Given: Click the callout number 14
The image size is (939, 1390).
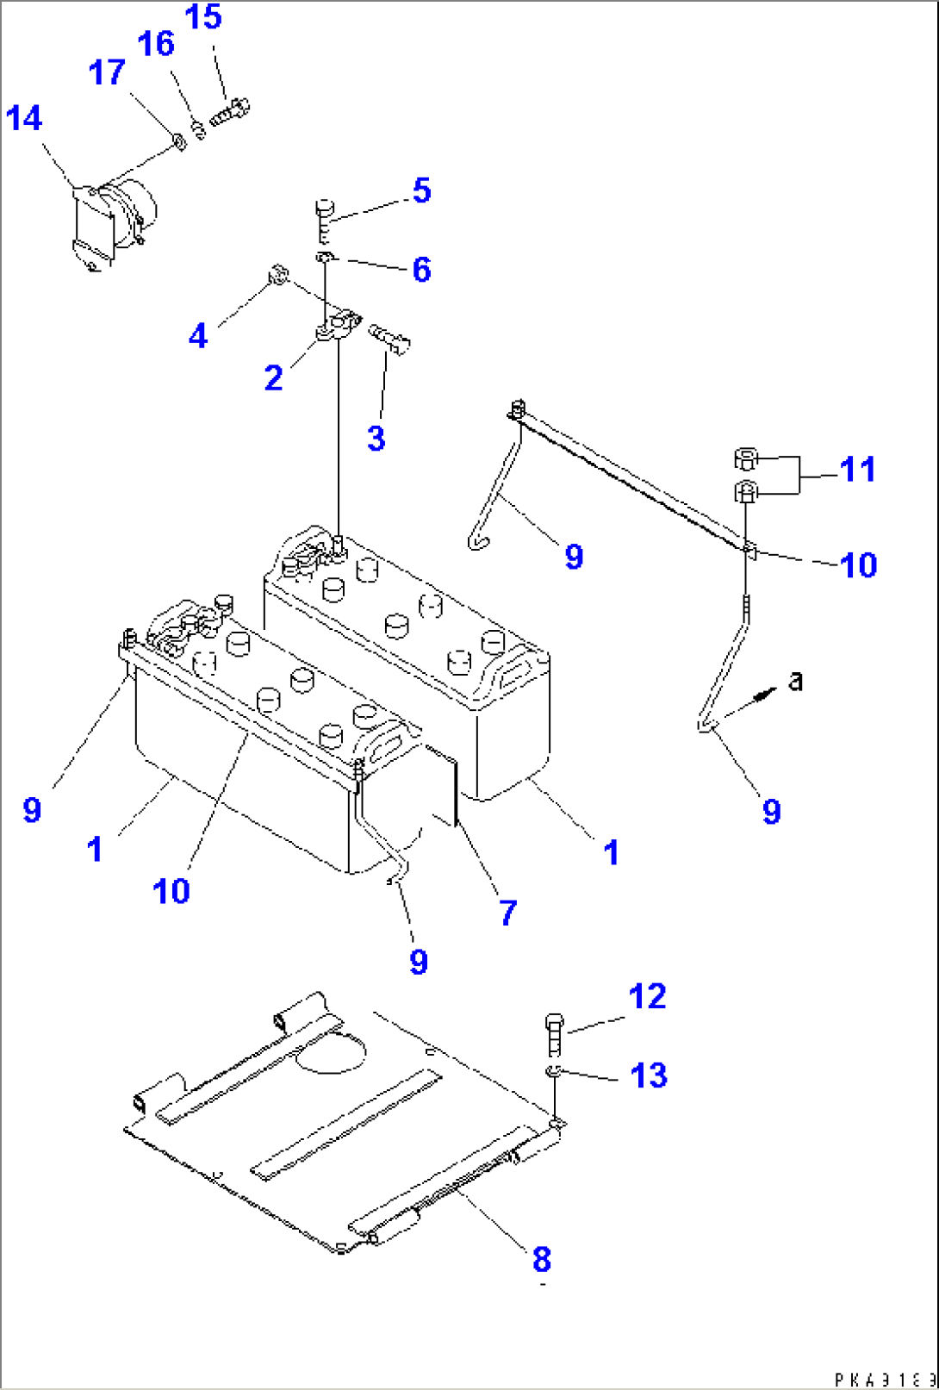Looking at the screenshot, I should pyautogui.click(x=23, y=118).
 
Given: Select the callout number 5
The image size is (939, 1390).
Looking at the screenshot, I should pyautogui.click(x=421, y=190).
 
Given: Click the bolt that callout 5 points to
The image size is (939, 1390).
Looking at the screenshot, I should pyautogui.click(x=324, y=217).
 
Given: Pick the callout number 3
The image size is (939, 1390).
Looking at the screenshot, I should pyautogui.click(x=376, y=438).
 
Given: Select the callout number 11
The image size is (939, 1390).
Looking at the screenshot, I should pyautogui.click(x=857, y=470).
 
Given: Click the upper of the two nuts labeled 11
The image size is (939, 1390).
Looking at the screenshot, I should pyautogui.click(x=745, y=458).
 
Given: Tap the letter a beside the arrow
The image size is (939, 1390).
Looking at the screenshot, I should pyautogui.click(x=796, y=681).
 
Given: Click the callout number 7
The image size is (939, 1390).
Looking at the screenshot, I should pyautogui.click(x=508, y=913).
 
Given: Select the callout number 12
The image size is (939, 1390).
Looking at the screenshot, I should pyautogui.click(x=647, y=996).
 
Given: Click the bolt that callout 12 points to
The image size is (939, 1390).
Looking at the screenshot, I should pyautogui.click(x=555, y=1034).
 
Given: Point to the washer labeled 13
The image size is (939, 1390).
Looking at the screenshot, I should pyautogui.click(x=554, y=1071).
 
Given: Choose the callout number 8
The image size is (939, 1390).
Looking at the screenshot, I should pyautogui.click(x=541, y=1259).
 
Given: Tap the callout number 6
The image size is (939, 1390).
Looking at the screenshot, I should pyautogui.click(x=421, y=270).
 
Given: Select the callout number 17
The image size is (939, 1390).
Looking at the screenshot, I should pyautogui.click(x=107, y=72).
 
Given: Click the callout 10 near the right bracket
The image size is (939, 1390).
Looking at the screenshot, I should pyautogui.click(x=858, y=565).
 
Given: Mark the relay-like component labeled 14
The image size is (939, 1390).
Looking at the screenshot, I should pyautogui.click(x=112, y=222).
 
